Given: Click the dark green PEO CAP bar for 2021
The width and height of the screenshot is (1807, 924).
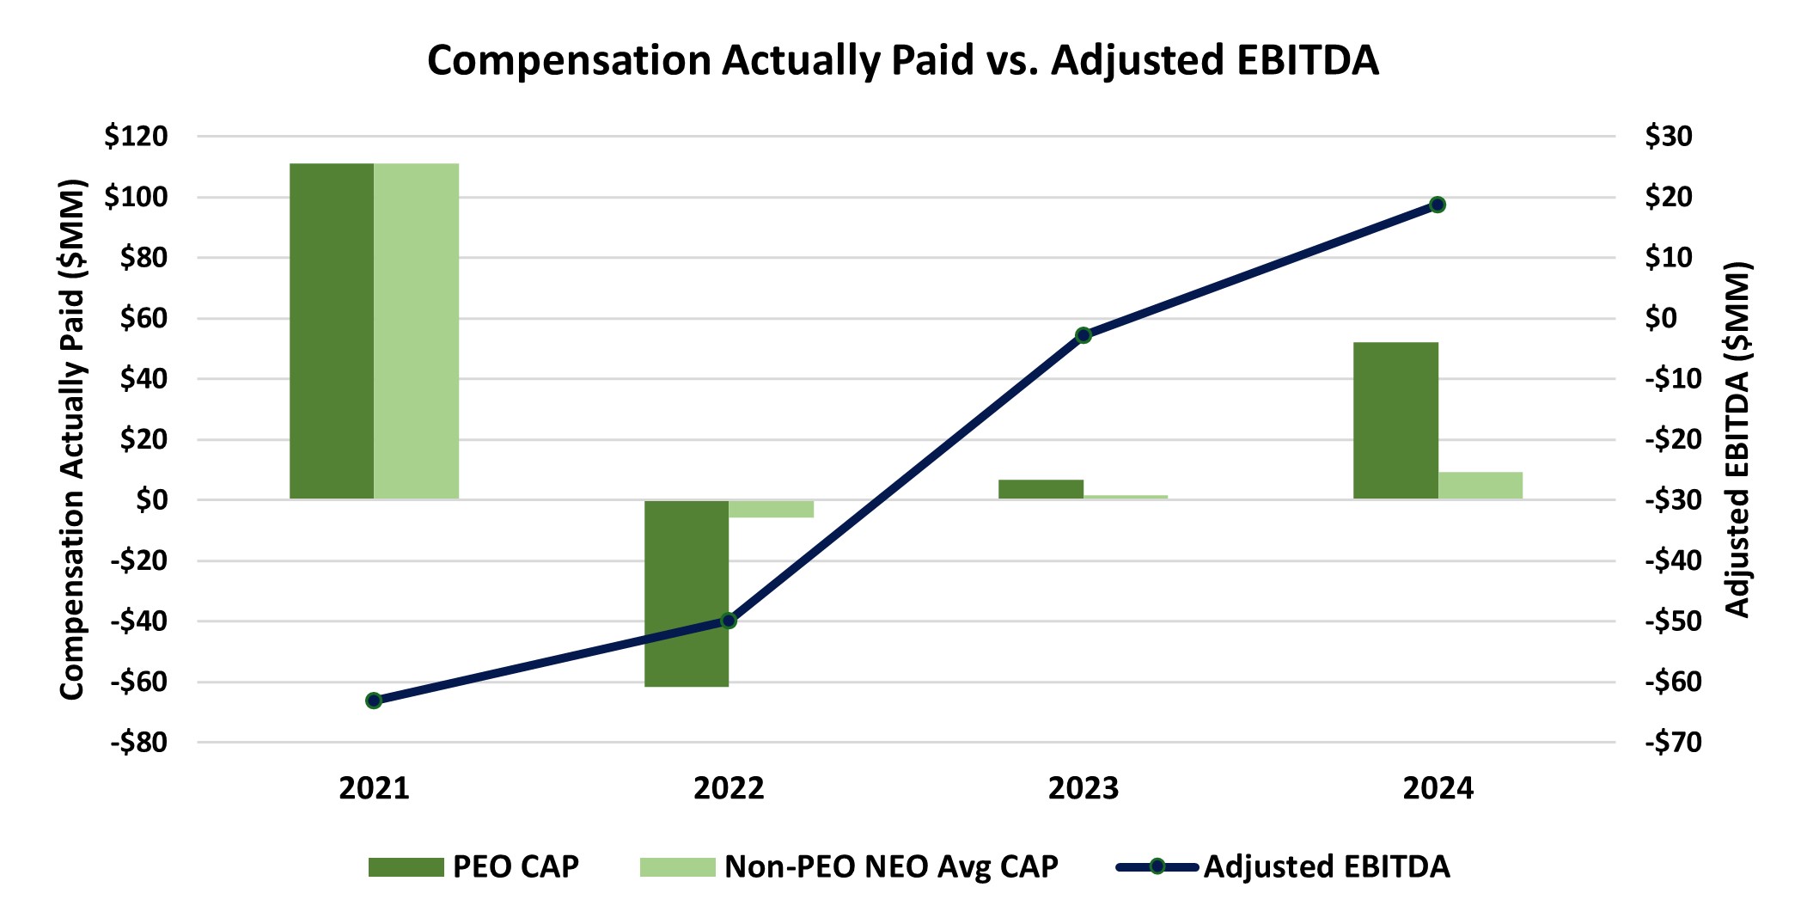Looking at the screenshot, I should [x=332, y=331].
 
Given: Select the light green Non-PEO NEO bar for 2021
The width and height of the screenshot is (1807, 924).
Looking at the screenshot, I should [x=416, y=331].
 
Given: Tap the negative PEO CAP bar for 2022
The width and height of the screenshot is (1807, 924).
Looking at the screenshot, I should [x=687, y=593].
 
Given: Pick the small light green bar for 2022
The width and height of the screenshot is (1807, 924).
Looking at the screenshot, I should [x=771, y=509].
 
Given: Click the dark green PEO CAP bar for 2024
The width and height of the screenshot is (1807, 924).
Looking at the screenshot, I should [x=1395, y=420].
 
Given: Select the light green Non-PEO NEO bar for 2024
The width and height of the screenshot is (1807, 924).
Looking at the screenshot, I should [x=1480, y=486].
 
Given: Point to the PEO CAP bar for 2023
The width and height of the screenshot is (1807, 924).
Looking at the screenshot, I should [x=1041, y=489].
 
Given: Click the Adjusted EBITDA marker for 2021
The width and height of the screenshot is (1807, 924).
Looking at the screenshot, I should [x=374, y=701].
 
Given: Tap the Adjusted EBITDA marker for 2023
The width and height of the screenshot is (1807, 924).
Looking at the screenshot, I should [x=1084, y=335].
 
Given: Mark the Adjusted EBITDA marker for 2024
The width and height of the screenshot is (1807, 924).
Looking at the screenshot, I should [x=1438, y=205].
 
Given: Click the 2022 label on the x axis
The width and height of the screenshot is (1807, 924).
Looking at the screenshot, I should [x=729, y=788].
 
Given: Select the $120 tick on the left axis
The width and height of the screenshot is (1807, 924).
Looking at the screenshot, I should [x=136, y=137].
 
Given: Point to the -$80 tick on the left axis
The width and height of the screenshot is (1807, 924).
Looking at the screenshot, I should [x=138, y=743].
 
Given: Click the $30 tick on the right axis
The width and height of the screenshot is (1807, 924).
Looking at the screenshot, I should [x=1668, y=137].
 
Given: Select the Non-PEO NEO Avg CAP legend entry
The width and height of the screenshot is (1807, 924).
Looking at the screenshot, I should [x=849, y=866].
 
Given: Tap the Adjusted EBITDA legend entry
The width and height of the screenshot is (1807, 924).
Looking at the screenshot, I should [x=1284, y=866].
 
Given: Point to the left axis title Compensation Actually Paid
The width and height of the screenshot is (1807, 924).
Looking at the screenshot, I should [x=73, y=438].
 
